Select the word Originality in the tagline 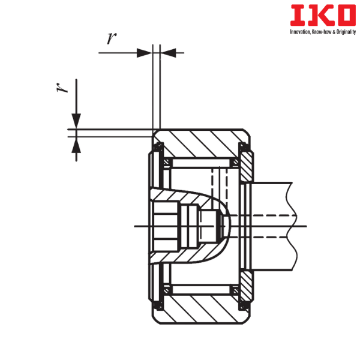coord(346,32)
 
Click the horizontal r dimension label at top coord(112,38)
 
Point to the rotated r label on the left coord(62,88)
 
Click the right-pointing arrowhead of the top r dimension coord(145,53)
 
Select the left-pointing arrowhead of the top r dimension coord(168,53)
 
